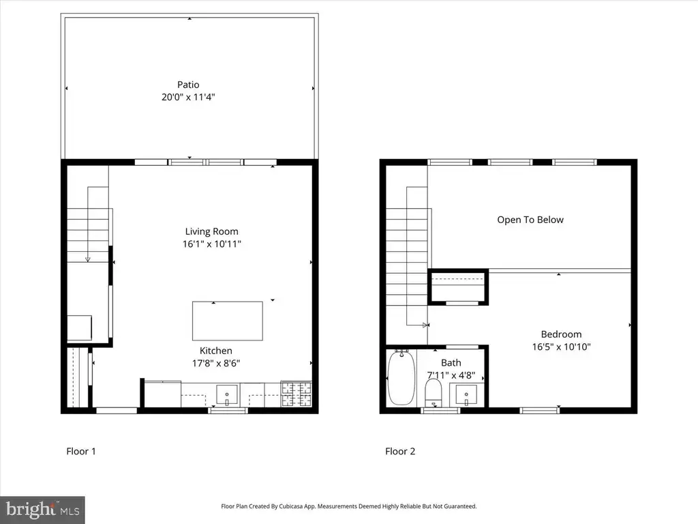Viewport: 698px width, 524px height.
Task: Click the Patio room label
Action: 188,85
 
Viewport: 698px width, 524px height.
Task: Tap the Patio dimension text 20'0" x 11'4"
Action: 188,97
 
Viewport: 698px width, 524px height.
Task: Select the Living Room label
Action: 211,231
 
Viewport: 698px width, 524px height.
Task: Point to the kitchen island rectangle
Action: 228,321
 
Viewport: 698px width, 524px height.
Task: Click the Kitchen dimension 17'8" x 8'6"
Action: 216,363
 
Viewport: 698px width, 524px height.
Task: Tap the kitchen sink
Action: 227,395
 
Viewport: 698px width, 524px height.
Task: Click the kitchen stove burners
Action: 297,394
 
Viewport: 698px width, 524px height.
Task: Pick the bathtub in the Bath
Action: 401,377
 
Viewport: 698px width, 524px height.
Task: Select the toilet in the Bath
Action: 433,393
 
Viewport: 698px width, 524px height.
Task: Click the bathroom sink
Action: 466,395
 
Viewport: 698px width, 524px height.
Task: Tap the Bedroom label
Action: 562,334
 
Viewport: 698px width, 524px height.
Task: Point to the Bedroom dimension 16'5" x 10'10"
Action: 562,347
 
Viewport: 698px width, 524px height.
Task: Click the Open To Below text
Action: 530,220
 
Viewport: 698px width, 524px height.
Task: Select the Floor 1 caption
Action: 81,452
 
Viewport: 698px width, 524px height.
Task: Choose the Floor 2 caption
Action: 400,452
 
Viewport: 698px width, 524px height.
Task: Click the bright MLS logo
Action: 42,510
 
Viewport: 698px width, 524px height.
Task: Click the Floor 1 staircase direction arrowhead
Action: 88,259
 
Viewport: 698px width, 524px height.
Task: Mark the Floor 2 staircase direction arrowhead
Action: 426,325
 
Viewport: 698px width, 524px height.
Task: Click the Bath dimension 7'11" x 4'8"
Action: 451,376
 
